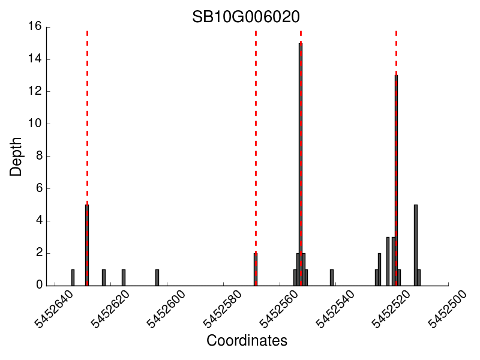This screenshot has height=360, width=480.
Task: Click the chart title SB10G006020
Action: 246,16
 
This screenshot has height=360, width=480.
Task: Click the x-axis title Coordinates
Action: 247,341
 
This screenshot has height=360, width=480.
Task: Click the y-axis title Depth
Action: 16,157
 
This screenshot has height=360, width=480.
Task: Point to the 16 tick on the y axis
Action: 34,27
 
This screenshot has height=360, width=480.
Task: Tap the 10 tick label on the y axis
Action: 34,124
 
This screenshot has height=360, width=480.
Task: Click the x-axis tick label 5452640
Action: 54,310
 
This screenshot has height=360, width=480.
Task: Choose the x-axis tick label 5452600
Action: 166,310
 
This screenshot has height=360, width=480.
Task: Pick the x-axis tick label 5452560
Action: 279,310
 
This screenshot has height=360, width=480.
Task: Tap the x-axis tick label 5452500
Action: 448,310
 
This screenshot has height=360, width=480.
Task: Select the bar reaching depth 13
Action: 396,180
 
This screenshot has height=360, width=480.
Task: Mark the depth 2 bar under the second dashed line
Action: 256,269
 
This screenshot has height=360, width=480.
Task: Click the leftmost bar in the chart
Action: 73,277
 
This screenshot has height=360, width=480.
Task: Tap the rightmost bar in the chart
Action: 419,277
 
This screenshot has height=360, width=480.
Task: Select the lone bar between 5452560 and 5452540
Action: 332,277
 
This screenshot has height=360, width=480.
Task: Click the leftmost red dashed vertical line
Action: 87,120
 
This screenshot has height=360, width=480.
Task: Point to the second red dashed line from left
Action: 256,120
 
